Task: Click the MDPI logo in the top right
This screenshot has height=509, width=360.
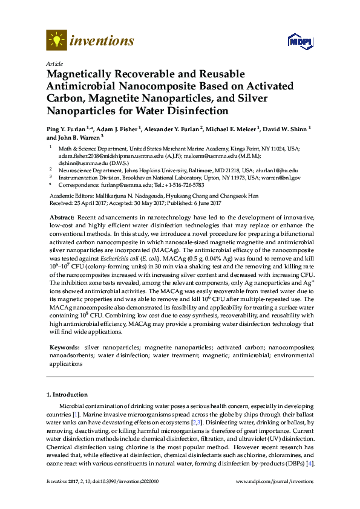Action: tap(300, 41)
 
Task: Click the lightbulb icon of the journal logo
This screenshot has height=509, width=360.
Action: tap(56, 41)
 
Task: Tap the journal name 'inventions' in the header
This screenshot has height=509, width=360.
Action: tap(102, 41)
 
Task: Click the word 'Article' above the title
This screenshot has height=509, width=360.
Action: tap(54, 63)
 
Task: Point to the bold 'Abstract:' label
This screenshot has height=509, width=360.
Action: tap(62, 217)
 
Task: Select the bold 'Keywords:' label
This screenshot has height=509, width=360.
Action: tap(64, 348)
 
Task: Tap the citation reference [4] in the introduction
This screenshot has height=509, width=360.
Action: tap(310, 464)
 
